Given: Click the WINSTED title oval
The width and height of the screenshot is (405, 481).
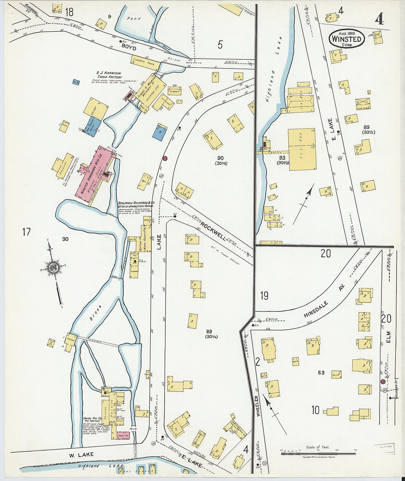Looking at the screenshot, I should (346, 39).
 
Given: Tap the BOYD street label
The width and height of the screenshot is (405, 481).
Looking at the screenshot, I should (129, 48).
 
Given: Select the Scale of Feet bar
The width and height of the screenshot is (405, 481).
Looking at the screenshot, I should (318, 453).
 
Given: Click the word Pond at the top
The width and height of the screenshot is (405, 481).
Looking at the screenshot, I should (134, 18).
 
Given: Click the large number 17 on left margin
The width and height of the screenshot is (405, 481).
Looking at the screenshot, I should (26, 232).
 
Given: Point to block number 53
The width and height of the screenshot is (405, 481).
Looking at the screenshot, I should (321, 373).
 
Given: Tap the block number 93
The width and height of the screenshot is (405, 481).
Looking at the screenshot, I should (282, 157).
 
